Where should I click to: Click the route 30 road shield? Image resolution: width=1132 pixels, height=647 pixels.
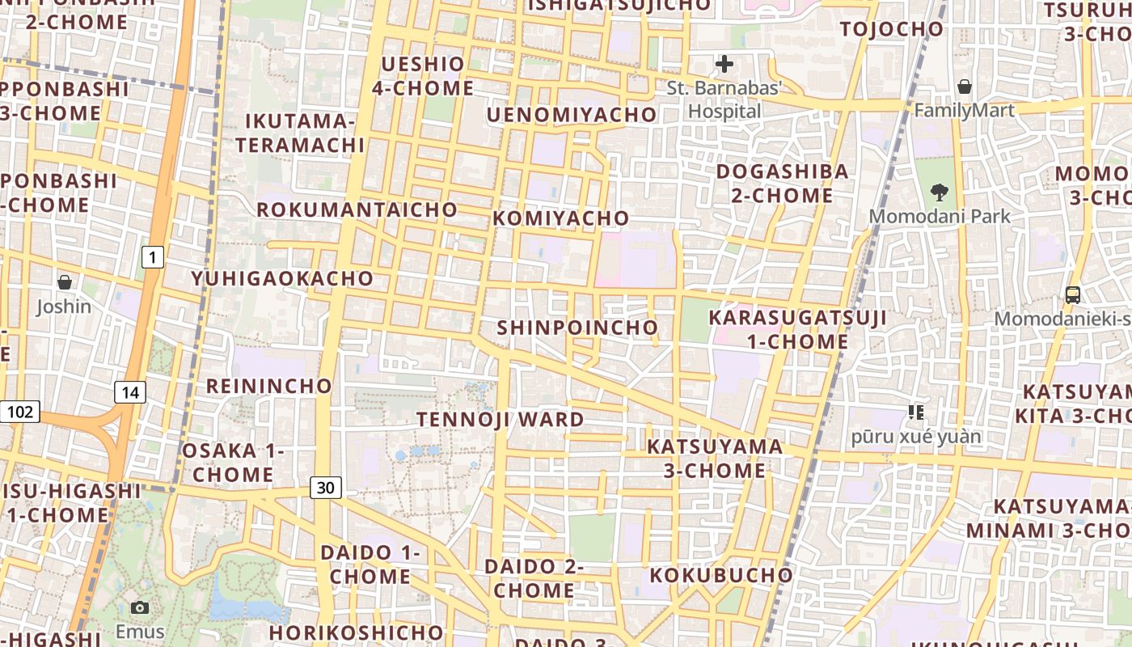click(325, 488)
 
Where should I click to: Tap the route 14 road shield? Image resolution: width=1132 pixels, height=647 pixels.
click(130, 393)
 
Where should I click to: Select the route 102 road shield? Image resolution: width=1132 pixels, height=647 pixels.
click(19, 412)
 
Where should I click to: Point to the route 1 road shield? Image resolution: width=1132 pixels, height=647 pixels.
click(152, 258)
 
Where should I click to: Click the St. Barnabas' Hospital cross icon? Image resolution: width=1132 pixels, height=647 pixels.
click(724, 64)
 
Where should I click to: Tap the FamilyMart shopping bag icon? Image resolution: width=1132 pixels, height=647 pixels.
click(964, 87)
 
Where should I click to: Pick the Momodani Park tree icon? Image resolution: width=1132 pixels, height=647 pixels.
click(940, 192)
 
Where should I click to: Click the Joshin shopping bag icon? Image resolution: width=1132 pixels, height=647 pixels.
click(64, 282)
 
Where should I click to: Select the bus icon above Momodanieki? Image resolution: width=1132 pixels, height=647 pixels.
click(1073, 295)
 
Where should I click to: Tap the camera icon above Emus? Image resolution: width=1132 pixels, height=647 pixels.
click(140, 607)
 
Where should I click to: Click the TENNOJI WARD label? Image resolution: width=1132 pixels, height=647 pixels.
click(500, 420)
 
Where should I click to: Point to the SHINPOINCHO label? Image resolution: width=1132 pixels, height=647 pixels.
click(577, 328)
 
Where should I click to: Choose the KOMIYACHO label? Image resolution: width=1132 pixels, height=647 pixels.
click(560, 218)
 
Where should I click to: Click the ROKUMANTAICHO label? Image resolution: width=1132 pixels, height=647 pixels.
click(357, 209)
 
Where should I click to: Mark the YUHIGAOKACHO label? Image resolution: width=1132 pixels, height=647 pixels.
click(282, 278)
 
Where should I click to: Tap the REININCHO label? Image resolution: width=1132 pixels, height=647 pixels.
click(269, 386)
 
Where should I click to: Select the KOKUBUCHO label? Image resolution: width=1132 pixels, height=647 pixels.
click(721, 575)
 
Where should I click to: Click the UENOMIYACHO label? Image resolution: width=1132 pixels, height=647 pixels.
click(571, 115)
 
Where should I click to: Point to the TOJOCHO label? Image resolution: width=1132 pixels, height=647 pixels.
click(892, 29)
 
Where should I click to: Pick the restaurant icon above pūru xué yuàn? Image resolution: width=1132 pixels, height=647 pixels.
click(915, 412)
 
